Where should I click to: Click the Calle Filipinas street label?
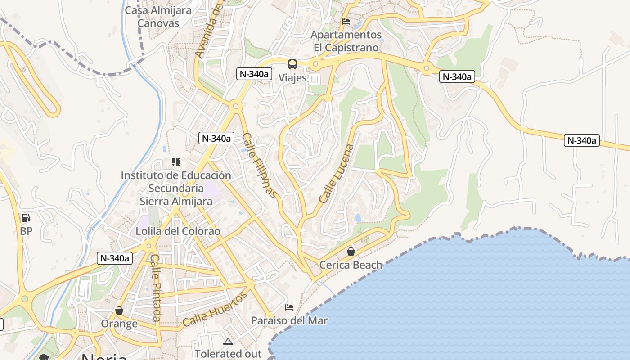coord(260,165)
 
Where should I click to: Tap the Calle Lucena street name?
coord(336,173)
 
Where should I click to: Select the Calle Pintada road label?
coord(156,288)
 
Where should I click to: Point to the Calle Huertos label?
coord(215,309)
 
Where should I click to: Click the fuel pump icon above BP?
coord(26,218)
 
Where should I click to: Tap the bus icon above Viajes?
coord(292,64)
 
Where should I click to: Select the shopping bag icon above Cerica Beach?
coord(351,252)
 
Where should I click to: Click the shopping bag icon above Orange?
coord(119,310)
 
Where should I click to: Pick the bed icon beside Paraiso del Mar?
coord(289,307)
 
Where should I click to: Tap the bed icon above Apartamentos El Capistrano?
coord(346,21)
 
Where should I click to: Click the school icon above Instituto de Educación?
coord(176,162)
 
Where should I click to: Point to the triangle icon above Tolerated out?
coord(228,341)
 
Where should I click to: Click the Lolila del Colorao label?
coord(178,231)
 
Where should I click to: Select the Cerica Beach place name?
coord(351,265)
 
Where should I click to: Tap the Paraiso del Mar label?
coord(289,321)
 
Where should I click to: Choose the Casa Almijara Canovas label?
coord(158,17)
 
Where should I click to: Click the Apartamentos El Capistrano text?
coord(346,41)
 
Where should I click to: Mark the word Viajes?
coord(292,78)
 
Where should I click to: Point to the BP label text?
coord(26,231)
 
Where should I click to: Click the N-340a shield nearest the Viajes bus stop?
coord(255,74)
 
